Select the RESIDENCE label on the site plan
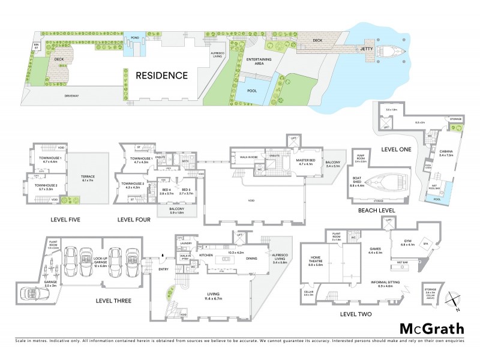click(x=161, y=75)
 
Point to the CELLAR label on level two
click(x=308, y=292)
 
